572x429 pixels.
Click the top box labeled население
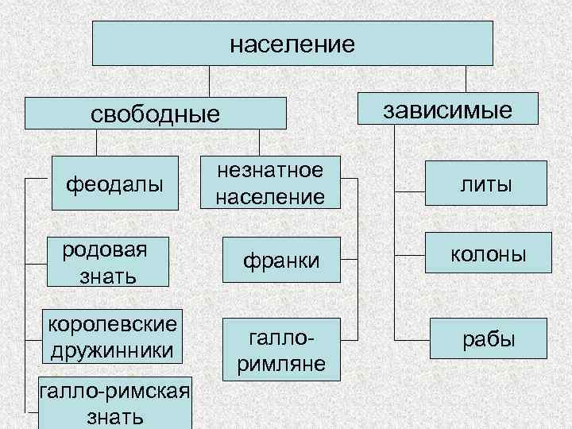[292, 43]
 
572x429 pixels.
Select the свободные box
[155, 113]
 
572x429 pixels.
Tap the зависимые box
[448, 110]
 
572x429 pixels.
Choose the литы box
[485, 184]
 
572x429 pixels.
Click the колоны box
[488, 254]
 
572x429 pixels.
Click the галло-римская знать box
[114, 402]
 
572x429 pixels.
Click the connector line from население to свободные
[209, 81]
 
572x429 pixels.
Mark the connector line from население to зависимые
[466, 79]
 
